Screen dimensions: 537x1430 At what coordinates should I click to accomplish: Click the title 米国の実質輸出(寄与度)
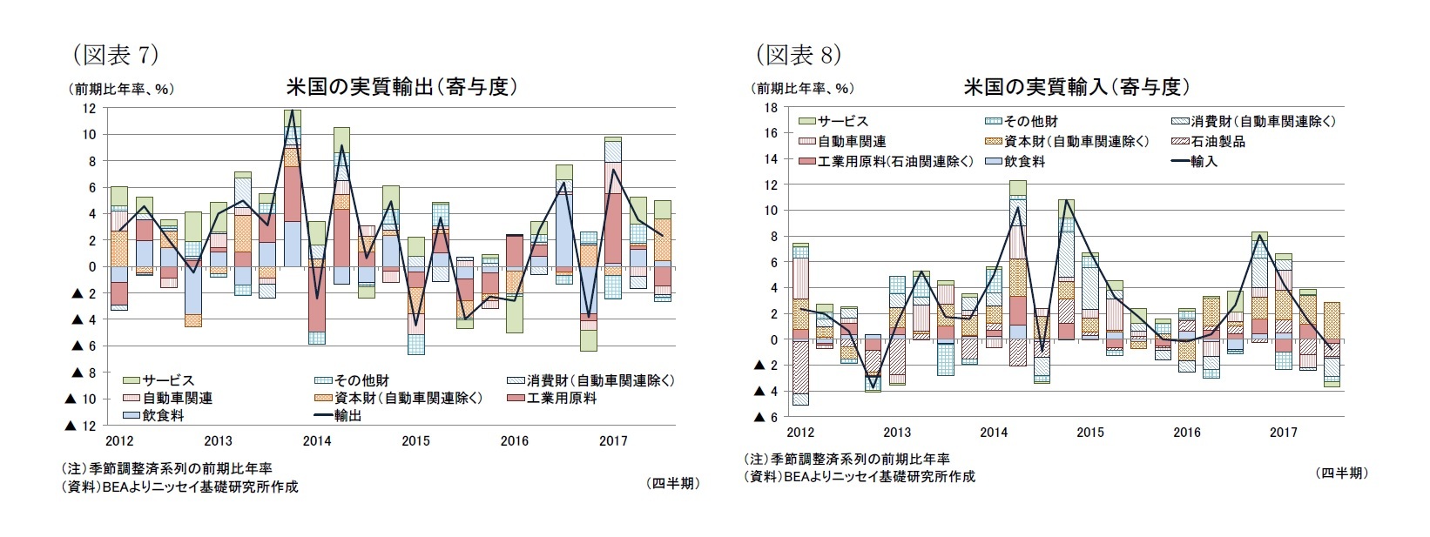[x=402, y=87]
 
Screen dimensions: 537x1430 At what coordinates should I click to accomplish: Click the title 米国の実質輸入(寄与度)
[x=1076, y=87]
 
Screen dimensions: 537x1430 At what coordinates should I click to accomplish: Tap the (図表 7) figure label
[x=115, y=55]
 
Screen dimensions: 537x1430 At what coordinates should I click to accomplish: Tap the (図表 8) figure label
[x=798, y=55]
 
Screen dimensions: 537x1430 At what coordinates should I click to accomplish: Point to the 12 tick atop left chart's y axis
[x=89, y=108]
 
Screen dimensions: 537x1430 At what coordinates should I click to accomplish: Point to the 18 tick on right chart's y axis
[x=771, y=107]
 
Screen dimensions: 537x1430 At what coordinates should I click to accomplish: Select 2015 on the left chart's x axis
[x=415, y=440]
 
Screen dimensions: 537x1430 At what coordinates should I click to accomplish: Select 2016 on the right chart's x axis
[x=1186, y=432]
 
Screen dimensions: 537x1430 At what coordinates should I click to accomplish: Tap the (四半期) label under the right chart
[x=1342, y=473]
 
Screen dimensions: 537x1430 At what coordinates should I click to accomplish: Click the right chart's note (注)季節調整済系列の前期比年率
[x=847, y=459]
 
